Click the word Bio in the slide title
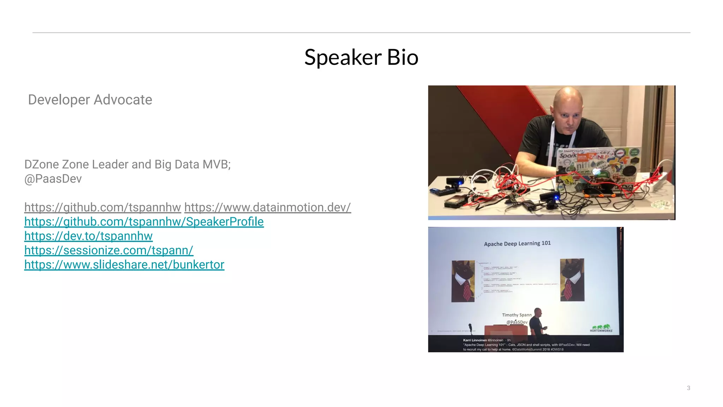pyautogui.click(x=402, y=57)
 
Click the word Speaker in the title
pyautogui.click(x=343, y=57)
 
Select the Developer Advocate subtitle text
pyautogui.click(x=90, y=100)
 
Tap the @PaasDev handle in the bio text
pyautogui.click(x=53, y=179)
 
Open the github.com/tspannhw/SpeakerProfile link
pyautogui.click(x=144, y=222)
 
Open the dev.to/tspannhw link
pyautogui.click(x=88, y=236)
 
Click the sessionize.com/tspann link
pyautogui.click(x=109, y=250)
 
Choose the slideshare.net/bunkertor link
pyautogui.click(x=124, y=265)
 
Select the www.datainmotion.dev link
pyautogui.click(x=267, y=207)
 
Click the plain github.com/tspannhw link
pyautogui.click(x=102, y=207)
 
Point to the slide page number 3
pyautogui.click(x=688, y=388)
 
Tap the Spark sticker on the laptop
pyautogui.click(x=568, y=155)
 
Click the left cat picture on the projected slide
pyautogui.click(x=463, y=281)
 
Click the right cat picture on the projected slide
pyautogui.click(x=572, y=280)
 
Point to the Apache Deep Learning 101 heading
pyautogui.click(x=517, y=243)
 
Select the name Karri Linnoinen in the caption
pyautogui.click(x=475, y=340)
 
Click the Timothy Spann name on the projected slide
pyautogui.click(x=516, y=315)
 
